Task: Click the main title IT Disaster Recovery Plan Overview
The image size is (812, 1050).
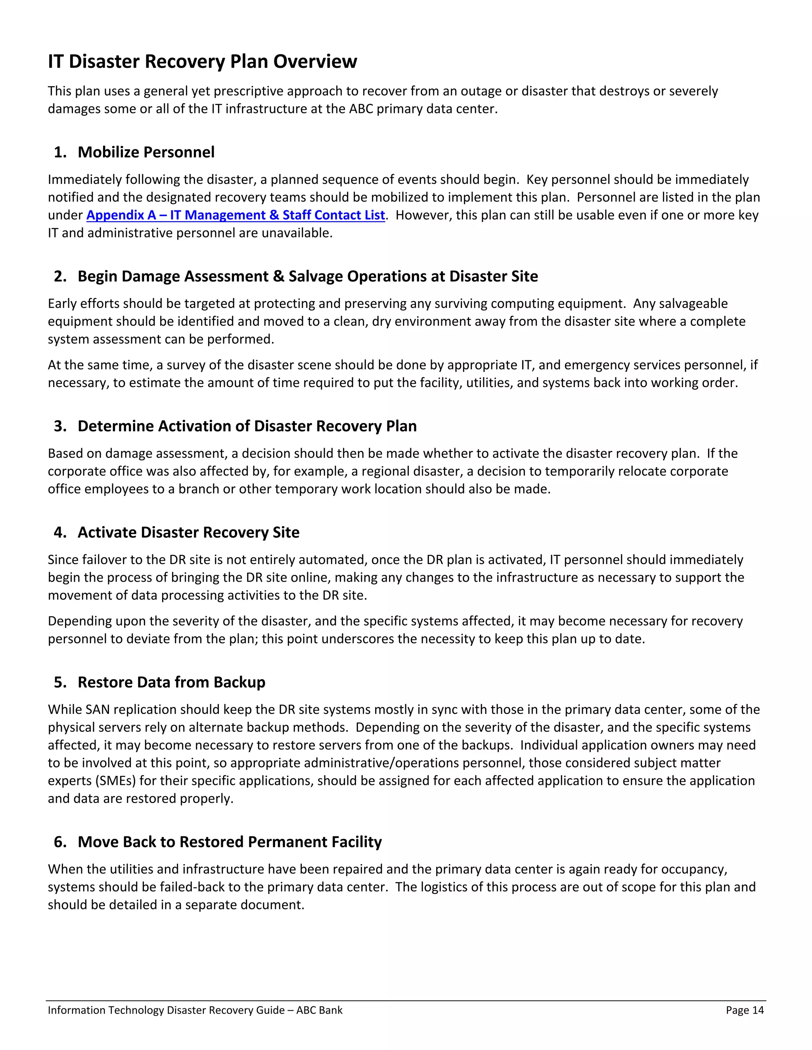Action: [202, 61]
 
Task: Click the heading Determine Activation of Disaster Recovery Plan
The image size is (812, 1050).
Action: [247, 426]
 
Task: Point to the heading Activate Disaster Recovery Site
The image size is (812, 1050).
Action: [188, 532]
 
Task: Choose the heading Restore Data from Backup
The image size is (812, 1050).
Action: [171, 682]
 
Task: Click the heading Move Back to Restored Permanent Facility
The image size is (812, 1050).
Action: [230, 842]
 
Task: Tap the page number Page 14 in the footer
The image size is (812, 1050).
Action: [745, 1010]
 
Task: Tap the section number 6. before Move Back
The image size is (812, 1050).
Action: [60, 842]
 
